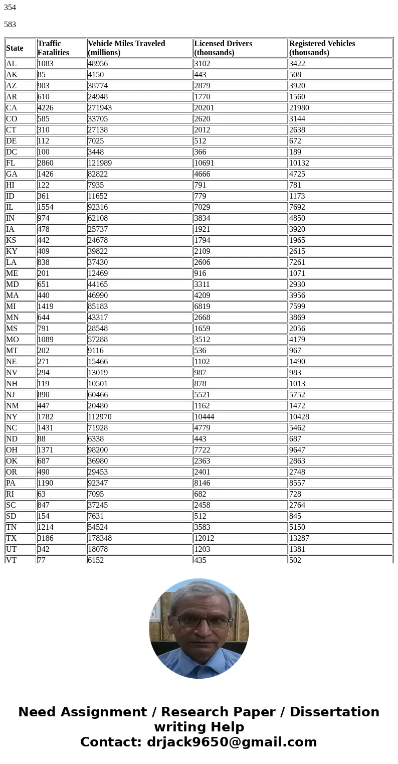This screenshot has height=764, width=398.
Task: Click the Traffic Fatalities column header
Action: pos(53,48)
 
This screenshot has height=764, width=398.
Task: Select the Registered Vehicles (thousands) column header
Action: pos(322,48)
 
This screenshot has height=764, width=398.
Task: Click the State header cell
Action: pos(15,48)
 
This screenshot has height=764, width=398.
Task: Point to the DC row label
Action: pos(12,152)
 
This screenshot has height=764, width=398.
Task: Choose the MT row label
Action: pos(12,351)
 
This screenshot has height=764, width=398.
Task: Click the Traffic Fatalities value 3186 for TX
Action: pos(46,538)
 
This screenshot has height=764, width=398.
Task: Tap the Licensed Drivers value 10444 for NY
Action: pos(205,417)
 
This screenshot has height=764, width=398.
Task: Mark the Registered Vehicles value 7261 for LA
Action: pos(297,262)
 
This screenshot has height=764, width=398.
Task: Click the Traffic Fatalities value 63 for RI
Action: pos(42,494)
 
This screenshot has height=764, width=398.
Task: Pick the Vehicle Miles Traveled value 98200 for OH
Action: pos(98,450)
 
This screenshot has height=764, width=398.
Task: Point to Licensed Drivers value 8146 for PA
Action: pos(203,483)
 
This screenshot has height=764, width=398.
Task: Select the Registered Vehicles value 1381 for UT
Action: pos(297,549)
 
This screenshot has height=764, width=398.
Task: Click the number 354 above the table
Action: pos(10,8)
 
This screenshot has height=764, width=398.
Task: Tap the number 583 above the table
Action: pos(10,24)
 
